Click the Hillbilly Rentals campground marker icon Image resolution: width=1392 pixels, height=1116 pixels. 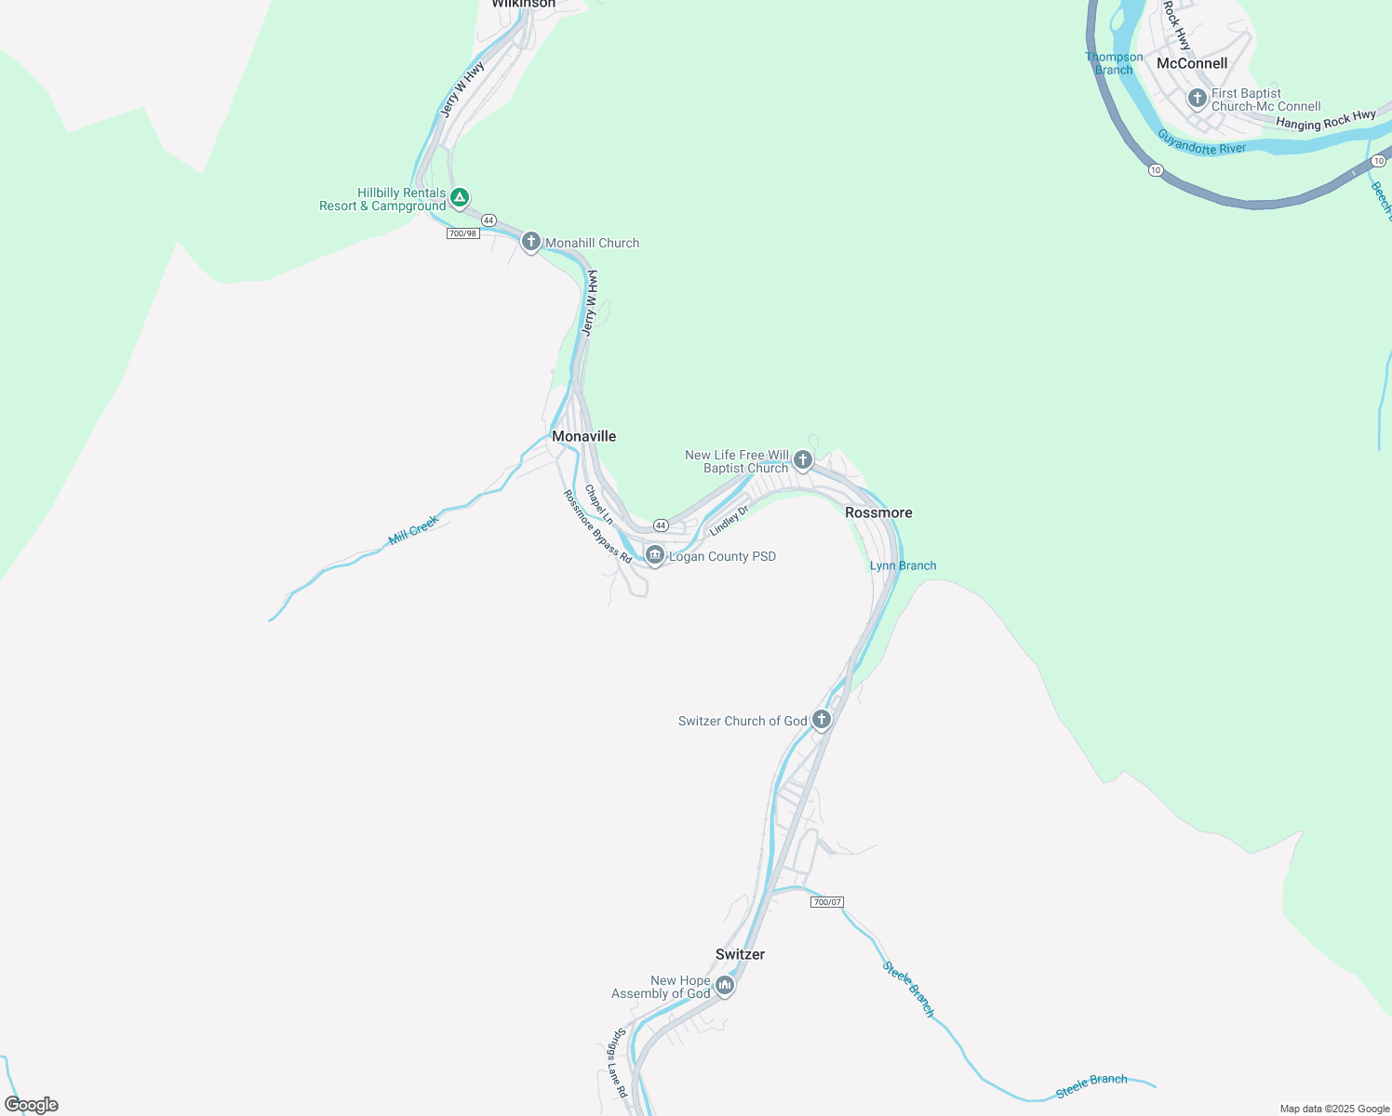click(459, 197)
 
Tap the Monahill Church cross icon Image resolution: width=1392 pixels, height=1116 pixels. click(530, 242)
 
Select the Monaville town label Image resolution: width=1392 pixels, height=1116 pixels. click(583, 436)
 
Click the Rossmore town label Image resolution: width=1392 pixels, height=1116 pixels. click(878, 512)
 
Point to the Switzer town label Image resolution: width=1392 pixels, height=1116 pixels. click(740, 954)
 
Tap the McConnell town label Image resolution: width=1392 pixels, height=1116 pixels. click(1191, 63)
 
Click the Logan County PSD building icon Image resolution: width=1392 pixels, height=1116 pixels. click(654, 555)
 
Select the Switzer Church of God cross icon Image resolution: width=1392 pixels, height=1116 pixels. click(821, 719)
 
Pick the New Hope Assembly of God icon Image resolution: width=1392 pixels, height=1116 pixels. click(725, 985)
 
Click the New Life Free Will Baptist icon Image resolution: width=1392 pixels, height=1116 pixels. click(802, 459)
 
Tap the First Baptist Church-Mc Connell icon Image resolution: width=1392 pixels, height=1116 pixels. click(1197, 98)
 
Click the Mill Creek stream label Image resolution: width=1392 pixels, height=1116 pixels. click(413, 530)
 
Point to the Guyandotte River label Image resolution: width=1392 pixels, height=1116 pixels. click(1201, 142)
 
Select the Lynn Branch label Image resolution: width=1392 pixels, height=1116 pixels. click(903, 565)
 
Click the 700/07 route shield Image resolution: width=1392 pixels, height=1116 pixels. click(826, 902)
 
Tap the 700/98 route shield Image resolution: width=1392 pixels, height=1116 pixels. click(462, 233)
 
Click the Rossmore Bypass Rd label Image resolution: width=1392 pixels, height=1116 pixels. click(597, 526)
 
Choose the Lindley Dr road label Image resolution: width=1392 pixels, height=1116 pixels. click(729, 521)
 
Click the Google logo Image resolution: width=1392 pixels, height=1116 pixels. click(32, 1105)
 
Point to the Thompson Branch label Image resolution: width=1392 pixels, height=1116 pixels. click(1114, 63)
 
